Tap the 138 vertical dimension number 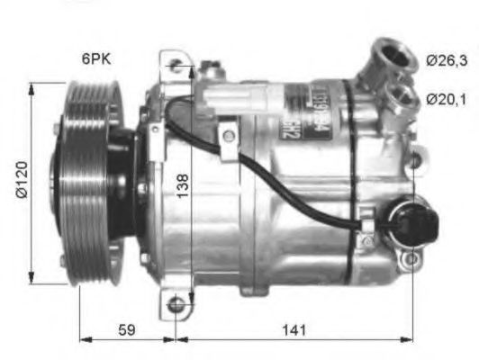184,186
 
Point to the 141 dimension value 292,330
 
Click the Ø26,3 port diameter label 446,61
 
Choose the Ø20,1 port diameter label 446,99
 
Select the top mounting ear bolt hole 176,66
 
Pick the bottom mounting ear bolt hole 176,305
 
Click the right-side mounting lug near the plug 411,260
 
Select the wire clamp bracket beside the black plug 366,219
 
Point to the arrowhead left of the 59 86,340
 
